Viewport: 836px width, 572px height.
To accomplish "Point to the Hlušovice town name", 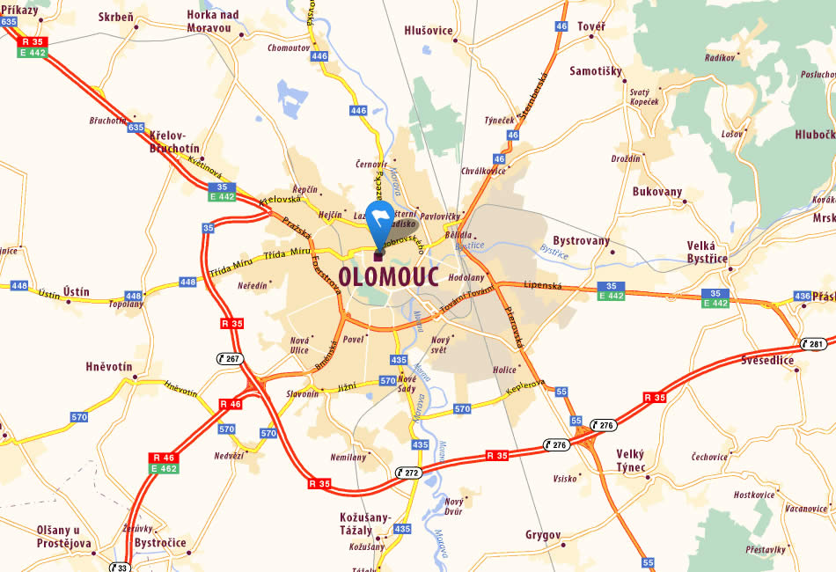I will [x=428, y=31].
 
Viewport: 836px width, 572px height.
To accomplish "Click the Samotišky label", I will [x=596, y=71].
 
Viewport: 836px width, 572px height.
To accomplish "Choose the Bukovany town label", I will [x=657, y=191].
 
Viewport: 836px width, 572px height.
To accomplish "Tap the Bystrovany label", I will [x=581, y=241].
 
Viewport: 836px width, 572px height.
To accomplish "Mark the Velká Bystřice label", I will [x=708, y=253].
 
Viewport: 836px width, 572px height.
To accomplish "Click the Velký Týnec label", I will [x=631, y=459].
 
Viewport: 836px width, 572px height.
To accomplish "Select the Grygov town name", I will [x=543, y=534].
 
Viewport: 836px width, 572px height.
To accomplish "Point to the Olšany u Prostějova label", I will [x=64, y=536].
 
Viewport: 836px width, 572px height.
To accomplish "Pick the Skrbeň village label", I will [x=117, y=17].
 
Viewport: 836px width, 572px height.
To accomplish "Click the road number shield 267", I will [x=231, y=358].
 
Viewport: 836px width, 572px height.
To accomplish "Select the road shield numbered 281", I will [x=812, y=343].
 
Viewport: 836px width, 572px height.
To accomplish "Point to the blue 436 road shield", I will [x=802, y=296].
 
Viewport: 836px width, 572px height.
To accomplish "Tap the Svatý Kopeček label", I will [x=644, y=97].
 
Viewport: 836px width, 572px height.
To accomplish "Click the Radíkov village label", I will [x=720, y=57].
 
